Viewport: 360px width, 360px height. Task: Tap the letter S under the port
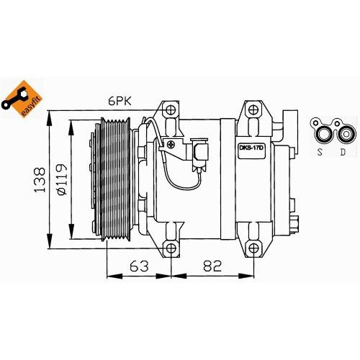click(320, 151)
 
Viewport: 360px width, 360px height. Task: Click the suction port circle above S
click(322, 132)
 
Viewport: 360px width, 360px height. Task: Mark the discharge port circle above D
click(348, 132)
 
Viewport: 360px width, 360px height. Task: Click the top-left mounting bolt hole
click(171, 112)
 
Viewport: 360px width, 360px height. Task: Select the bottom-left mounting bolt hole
click(171, 249)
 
